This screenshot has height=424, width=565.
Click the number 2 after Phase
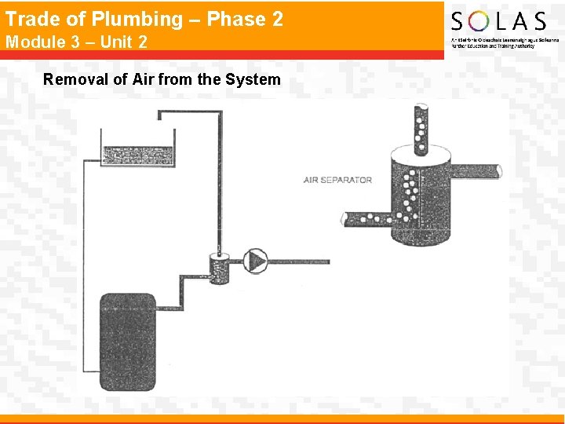tap(277, 20)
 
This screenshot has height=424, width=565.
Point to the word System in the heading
tap(254, 79)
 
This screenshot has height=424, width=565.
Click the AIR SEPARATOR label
tap(337, 180)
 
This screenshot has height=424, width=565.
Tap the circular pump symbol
tap(255, 261)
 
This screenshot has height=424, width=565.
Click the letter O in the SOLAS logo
tap(481, 21)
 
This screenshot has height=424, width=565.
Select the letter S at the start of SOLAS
tap(458, 21)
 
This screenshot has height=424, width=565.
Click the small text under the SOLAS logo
tap(493, 42)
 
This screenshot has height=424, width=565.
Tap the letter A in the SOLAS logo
tap(519, 21)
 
